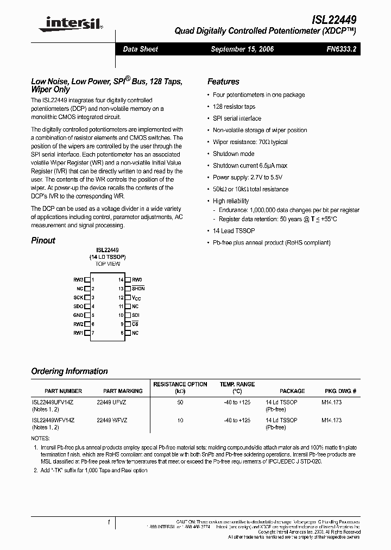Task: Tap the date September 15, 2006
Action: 242,49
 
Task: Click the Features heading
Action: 223,82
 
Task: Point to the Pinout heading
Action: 43,240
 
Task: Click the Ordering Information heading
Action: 70,371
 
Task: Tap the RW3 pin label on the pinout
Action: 78,279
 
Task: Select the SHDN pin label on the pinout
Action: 138,289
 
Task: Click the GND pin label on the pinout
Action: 78,315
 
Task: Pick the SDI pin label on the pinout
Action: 136,315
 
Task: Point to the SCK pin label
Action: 78,297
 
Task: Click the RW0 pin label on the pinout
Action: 137,279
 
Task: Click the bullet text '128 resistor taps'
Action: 234,107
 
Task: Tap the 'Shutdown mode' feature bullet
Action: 234,154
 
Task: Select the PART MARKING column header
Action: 123,391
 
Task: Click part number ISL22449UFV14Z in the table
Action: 53,403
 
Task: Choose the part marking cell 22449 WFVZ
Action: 112,420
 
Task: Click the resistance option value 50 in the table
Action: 180,403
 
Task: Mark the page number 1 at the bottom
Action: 109,523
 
